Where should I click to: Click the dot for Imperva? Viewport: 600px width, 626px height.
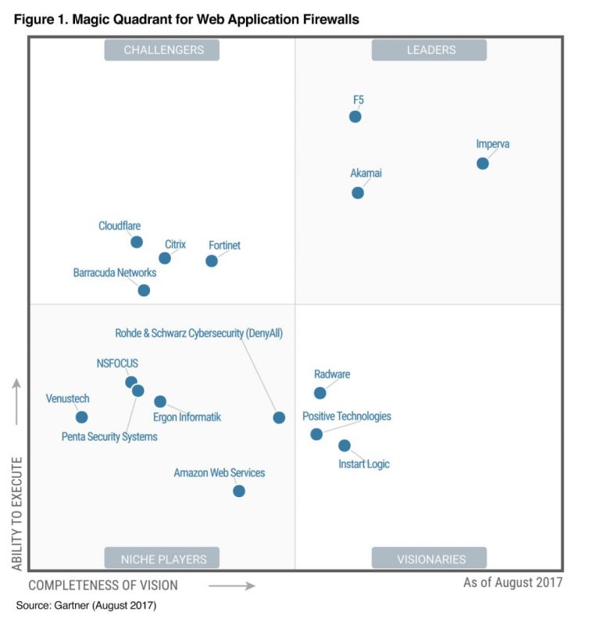pyautogui.click(x=483, y=163)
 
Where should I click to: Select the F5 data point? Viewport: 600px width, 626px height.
pyautogui.click(x=355, y=116)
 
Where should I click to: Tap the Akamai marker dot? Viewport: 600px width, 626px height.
pyautogui.click(x=358, y=192)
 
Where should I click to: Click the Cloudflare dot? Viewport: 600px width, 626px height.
pyautogui.click(x=137, y=242)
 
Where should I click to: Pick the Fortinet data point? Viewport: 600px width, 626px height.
pyautogui.click(x=212, y=261)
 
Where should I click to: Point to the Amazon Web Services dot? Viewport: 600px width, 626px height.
pyautogui.click(x=239, y=491)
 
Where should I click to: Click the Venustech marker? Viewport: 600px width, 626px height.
pyautogui.click(x=81, y=417)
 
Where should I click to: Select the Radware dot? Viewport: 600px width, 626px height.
pyautogui.click(x=320, y=393)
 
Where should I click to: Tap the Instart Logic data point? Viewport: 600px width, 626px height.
pyautogui.click(x=345, y=445)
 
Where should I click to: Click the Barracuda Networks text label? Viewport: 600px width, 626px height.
pyautogui.click(x=115, y=273)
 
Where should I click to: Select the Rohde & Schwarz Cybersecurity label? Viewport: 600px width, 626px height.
pyautogui.click(x=198, y=333)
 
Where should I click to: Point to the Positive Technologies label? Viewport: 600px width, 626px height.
pyautogui.click(x=347, y=417)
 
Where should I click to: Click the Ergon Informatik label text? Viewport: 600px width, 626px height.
pyautogui.click(x=187, y=417)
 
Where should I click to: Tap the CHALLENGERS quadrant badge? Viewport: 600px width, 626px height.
pyautogui.click(x=162, y=50)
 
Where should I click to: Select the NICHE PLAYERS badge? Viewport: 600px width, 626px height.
pyautogui.click(x=162, y=558)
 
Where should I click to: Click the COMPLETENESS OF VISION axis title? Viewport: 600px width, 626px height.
pyautogui.click(x=103, y=585)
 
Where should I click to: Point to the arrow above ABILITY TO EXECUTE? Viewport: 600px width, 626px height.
pyautogui.click(x=17, y=402)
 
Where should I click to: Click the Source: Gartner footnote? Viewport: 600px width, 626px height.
pyautogui.click(x=87, y=606)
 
